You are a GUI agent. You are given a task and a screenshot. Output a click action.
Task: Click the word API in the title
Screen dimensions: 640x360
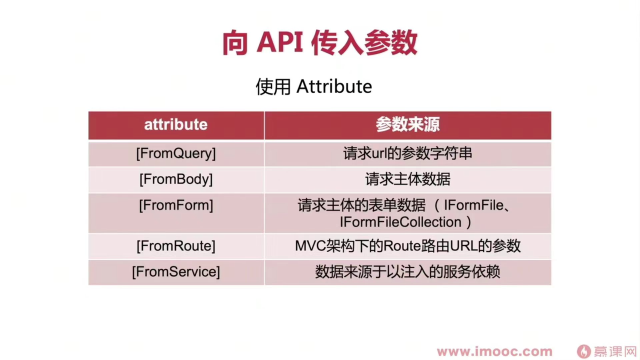pos(279,42)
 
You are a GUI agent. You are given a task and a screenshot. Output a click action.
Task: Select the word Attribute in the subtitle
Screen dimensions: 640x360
pos(334,86)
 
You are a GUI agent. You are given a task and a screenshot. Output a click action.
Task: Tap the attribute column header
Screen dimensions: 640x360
pos(175,125)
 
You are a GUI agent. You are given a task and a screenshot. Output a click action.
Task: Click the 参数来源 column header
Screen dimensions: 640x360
pos(407,125)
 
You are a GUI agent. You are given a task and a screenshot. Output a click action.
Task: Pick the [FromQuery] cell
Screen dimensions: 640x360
pos(176,154)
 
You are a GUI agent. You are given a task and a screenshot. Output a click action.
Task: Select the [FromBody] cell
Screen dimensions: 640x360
pos(176,179)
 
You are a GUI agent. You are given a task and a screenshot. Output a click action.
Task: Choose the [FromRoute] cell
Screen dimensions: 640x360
pos(176,246)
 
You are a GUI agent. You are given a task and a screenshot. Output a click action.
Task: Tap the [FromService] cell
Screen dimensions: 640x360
pos(176,271)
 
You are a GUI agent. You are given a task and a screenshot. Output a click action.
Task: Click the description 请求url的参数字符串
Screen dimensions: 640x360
pos(407,153)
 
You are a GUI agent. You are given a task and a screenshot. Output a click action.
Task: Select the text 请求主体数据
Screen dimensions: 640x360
pos(407,179)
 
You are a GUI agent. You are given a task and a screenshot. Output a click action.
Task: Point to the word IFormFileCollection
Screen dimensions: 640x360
pos(400,222)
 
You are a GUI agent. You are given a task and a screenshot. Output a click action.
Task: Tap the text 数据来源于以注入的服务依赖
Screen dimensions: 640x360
pos(407,271)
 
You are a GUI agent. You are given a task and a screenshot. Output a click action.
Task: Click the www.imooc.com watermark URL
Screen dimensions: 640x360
pos(494,351)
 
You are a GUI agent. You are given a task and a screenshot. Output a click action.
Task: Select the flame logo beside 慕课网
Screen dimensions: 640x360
pos(584,351)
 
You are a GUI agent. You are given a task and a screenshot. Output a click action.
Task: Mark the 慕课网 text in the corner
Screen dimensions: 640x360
pos(615,351)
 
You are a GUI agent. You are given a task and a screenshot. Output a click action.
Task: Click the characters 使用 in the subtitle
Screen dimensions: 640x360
pos(273,86)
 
